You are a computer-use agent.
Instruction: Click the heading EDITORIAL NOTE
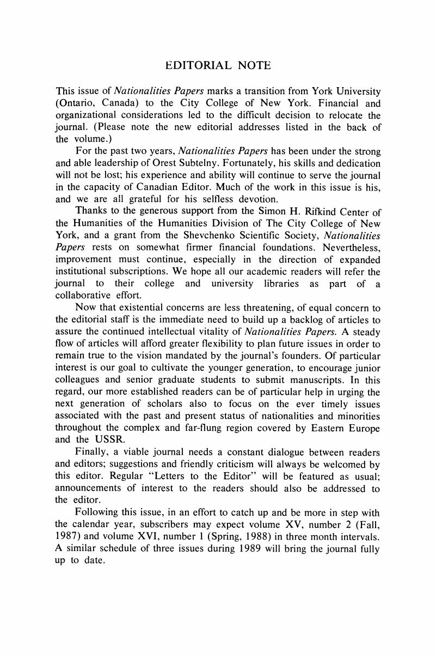[x=218, y=65]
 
